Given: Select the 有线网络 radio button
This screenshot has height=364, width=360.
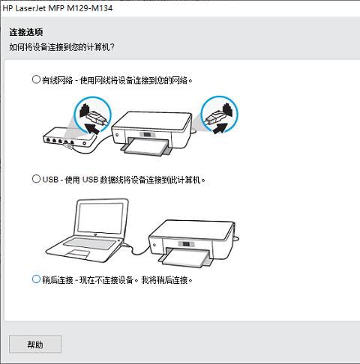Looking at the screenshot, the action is [36, 79].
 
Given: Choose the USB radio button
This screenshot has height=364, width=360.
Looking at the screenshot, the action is [36, 179].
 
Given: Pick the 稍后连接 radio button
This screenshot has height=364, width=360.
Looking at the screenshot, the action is [36, 279].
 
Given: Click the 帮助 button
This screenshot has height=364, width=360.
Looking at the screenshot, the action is [35, 345].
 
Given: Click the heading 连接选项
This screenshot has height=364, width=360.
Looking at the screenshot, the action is [26, 32].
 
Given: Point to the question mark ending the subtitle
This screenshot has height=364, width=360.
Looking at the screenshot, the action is [112, 46].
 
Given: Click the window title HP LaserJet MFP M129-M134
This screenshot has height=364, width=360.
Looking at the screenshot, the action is [58, 8].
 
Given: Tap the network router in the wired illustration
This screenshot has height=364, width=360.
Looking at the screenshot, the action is [70, 138].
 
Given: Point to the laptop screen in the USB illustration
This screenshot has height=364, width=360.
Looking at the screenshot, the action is [100, 218].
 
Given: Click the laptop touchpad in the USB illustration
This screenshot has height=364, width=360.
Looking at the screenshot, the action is [78, 254].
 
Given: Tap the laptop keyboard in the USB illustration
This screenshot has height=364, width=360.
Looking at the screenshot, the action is [90, 243].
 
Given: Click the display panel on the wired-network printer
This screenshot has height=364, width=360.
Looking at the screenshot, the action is [147, 135].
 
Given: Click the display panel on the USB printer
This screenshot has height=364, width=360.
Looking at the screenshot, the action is [186, 244].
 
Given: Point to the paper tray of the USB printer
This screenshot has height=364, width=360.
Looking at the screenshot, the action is [186, 258].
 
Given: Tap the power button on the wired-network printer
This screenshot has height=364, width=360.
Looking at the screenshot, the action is [117, 135].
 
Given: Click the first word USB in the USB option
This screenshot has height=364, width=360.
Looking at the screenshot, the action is [50, 180].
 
